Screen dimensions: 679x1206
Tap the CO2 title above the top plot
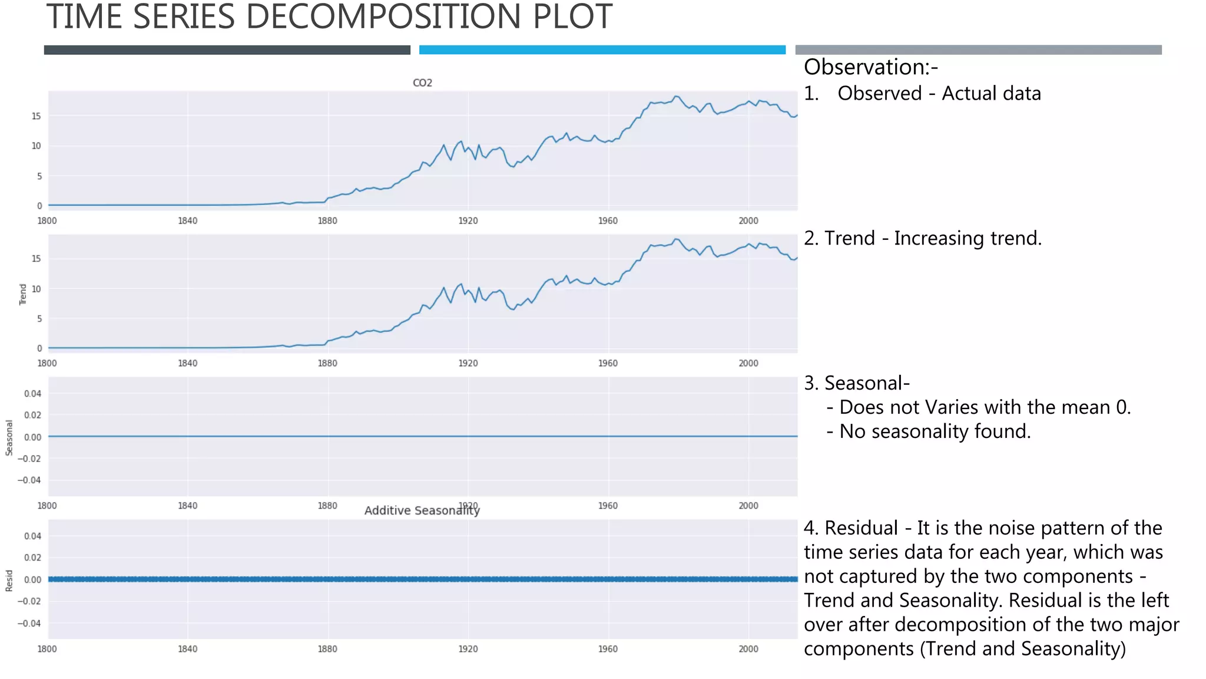(x=422, y=83)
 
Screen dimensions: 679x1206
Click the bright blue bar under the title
(x=602, y=50)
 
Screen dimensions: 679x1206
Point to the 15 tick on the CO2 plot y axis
(x=37, y=116)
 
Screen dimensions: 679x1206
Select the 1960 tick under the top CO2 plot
(x=608, y=221)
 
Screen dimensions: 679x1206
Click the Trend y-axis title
(x=23, y=294)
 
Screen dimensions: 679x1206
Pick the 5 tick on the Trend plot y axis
(x=39, y=319)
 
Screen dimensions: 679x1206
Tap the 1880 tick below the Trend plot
(x=327, y=364)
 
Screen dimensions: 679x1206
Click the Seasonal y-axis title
(x=9, y=437)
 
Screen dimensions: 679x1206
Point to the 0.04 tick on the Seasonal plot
(x=32, y=394)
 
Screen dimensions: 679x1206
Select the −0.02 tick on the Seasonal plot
(x=29, y=459)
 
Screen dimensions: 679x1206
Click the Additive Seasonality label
(x=422, y=511)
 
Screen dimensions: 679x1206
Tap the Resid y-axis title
(x=9, y=581)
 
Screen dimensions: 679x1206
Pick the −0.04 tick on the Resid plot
(x=29, y=624)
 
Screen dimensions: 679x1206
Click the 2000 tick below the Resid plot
(x=748, y=649)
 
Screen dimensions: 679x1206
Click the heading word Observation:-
(x=870, y=67)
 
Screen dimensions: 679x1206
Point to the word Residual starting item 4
(x=861, y=528)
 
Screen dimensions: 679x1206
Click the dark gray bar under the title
(x=227, y=50)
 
